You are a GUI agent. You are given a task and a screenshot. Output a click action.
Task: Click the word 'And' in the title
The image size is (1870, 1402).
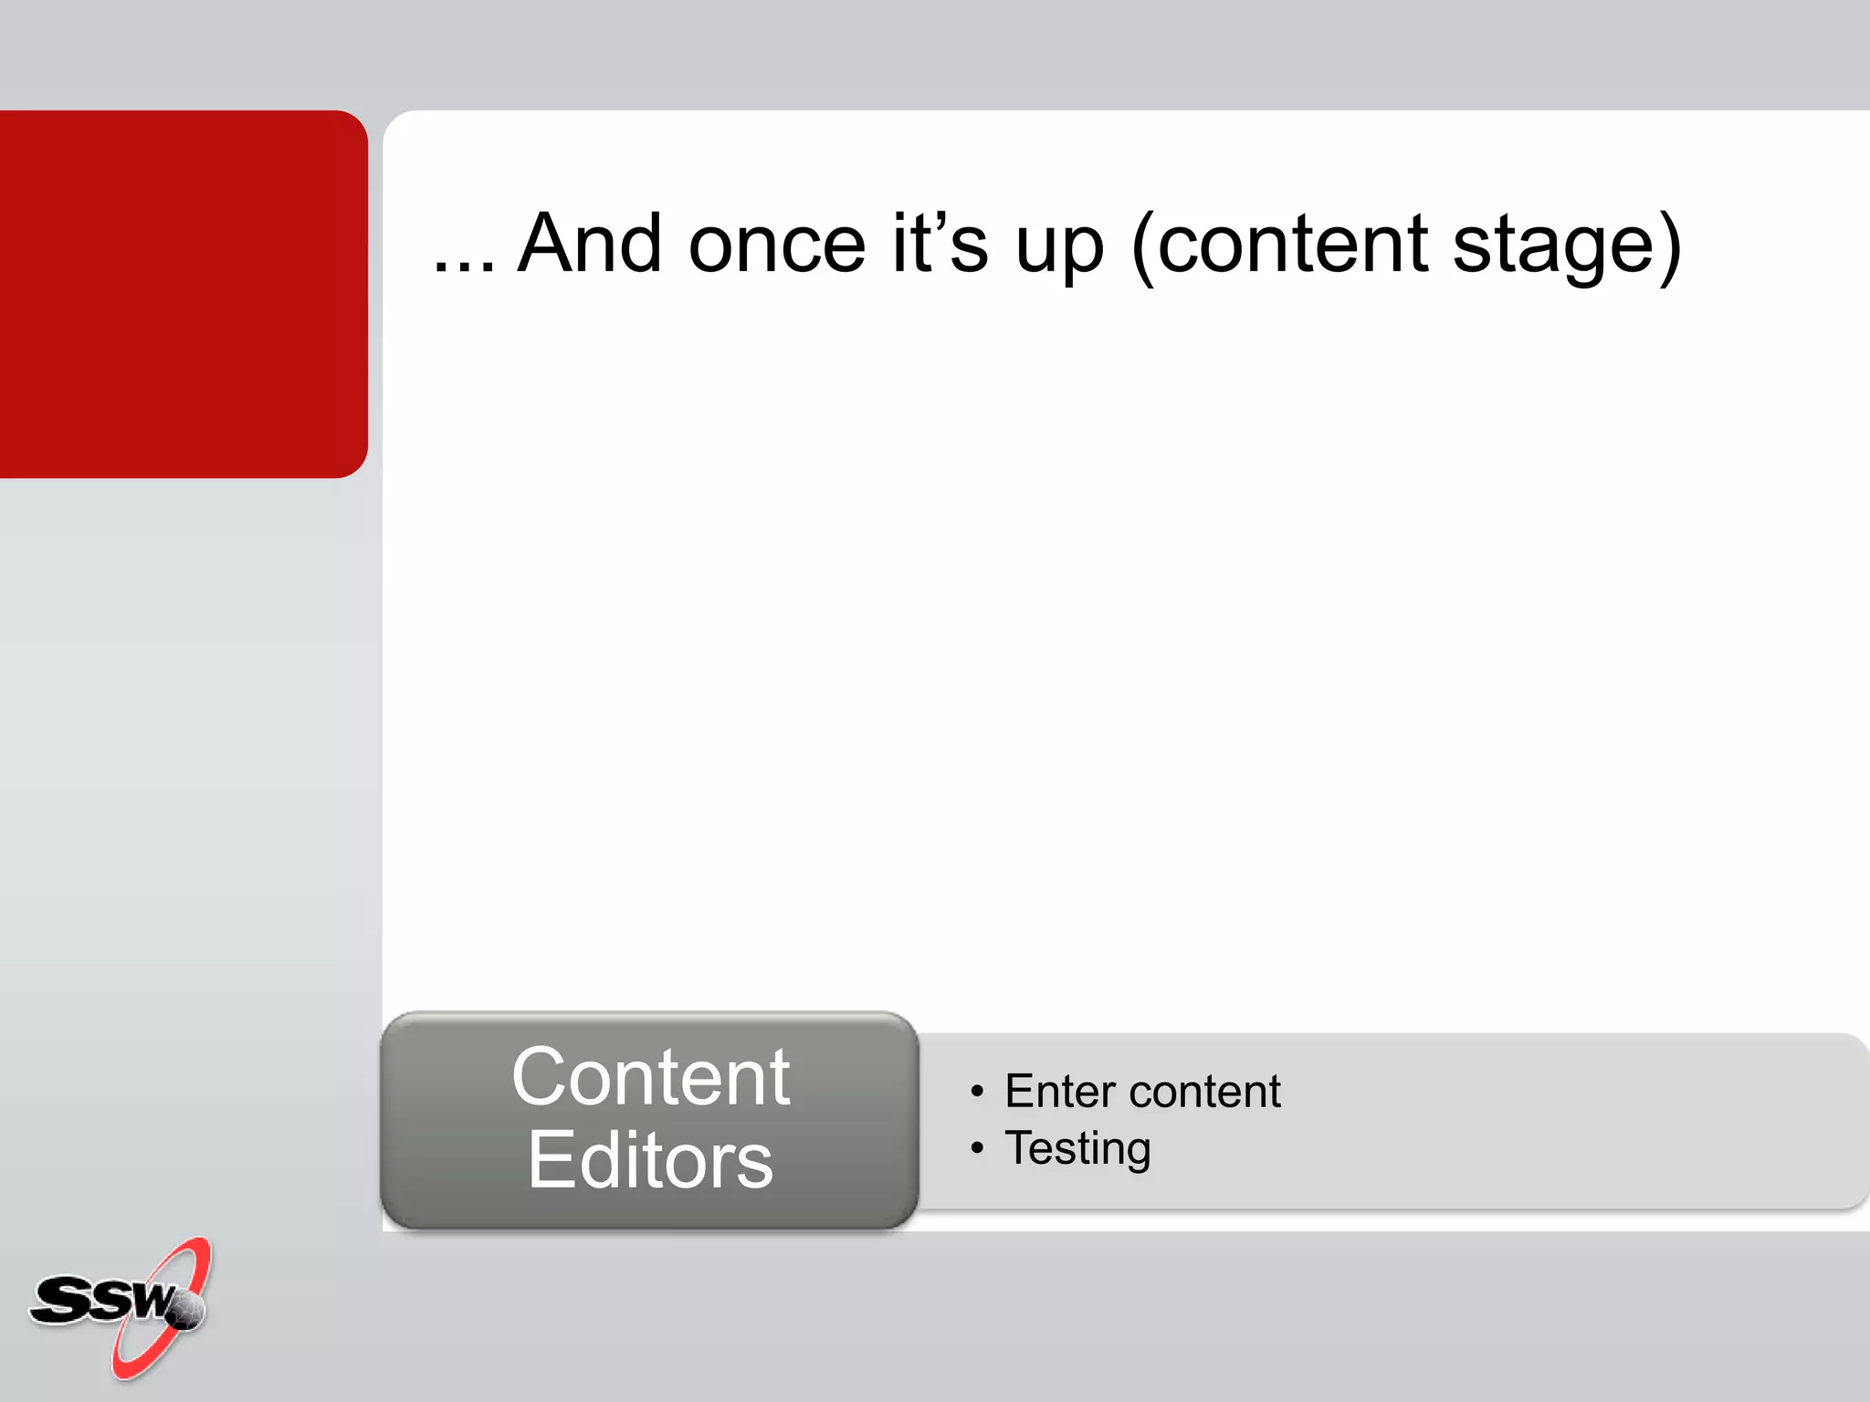pos(590,244)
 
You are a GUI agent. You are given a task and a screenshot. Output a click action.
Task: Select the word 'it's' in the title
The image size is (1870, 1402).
pos(940,244)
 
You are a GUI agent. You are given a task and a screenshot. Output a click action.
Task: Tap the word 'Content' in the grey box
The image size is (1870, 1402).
pos(650,1078)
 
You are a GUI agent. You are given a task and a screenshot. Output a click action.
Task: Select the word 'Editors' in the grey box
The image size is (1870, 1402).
pos(650,1160)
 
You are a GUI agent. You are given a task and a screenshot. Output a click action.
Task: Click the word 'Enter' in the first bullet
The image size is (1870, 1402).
pos(1059,1092)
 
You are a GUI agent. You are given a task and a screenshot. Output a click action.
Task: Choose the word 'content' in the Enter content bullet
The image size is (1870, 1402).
pos(1204,1093)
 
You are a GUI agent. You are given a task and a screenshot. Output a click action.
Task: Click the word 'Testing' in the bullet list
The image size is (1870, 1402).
pos(1077,1149)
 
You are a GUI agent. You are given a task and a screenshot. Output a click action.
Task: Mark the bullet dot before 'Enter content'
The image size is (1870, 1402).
pos(977,1092)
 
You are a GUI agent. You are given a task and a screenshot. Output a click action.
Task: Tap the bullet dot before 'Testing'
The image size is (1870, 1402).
pos(977,1147)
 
